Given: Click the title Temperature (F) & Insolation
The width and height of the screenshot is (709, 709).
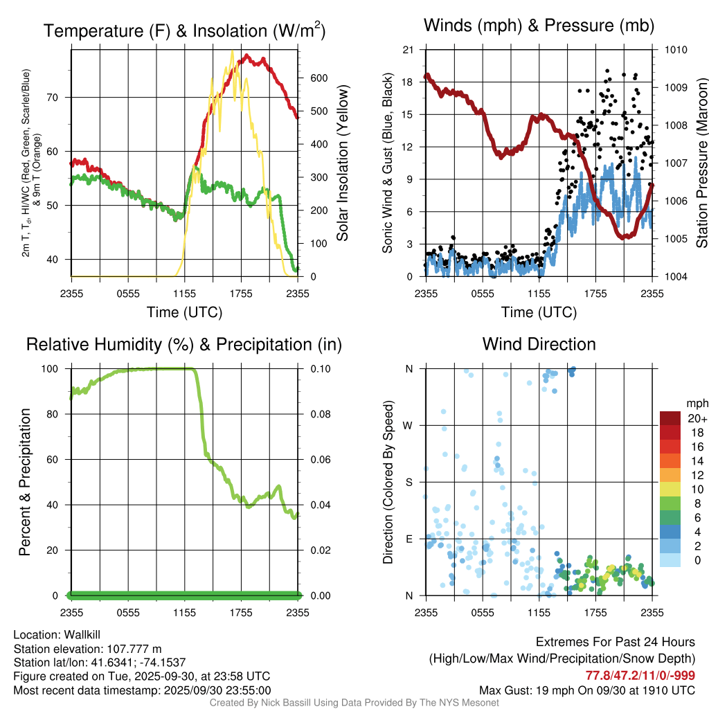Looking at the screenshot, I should point(184,31).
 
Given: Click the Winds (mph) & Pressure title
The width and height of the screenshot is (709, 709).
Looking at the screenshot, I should point(539,26).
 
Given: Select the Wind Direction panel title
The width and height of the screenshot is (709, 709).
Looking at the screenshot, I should point(539,344).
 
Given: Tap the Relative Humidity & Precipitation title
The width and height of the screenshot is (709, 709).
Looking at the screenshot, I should point(183,344).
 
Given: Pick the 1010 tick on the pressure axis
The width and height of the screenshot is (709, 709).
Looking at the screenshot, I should point(674,50).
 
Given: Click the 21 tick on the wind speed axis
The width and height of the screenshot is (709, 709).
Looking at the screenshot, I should point(408,50).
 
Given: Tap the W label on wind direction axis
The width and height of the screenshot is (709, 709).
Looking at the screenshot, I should point(409,425).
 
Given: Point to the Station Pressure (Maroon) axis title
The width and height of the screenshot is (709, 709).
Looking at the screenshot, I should point(701,163).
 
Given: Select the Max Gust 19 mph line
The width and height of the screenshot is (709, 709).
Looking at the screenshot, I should point(587,690).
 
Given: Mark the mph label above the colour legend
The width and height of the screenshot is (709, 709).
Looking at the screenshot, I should point(695,403).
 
